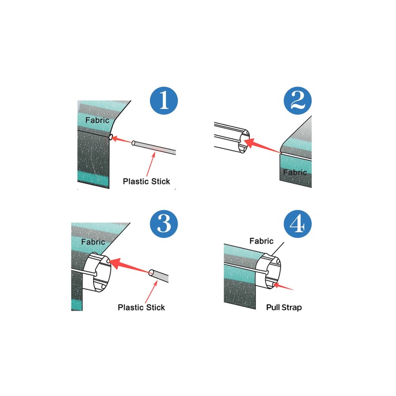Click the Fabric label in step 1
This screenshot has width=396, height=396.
97,120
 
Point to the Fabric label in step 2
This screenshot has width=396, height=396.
295,173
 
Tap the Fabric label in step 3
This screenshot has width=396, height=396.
93,242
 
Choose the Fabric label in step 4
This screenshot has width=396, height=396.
261,241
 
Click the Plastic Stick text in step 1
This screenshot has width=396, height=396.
147,181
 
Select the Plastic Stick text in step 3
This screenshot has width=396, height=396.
142,307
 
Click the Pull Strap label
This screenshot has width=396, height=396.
283,307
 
